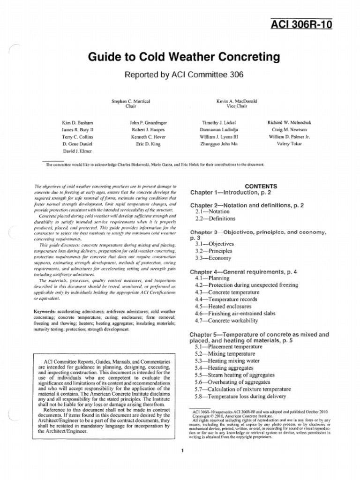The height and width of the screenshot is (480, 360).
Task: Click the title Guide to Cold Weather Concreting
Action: pyautogui.click(x=184, y=57)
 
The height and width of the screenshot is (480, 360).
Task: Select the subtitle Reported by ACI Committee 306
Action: pyautogui.click(x=184, y=74)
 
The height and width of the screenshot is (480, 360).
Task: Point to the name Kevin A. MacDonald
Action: pyautogui.click(x=237, y=101)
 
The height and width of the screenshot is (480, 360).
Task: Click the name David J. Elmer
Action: pyautogui.click(x=77, y=151)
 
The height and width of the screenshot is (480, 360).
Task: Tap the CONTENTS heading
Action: pyautogui.click(x=261, y=186)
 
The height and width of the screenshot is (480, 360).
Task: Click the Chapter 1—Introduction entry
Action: pyautogui.click(x=230, y=193)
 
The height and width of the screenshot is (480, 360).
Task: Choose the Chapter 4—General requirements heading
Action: pyautogui.click(x=243, y=272)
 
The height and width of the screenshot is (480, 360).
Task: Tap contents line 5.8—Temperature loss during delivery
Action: pyautogui.click(x=240, y=396)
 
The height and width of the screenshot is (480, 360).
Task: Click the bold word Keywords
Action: pyautogui.click(x=45, y=311)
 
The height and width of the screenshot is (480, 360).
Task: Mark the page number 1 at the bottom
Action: pyautogui.click(x=181, y=451)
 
